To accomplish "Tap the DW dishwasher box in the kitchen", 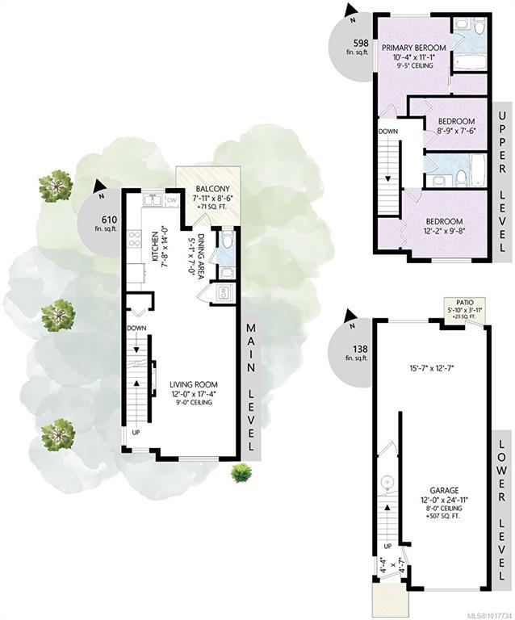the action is pyautogui.click(x=172, y=200).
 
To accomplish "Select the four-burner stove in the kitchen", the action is pyautogui.click(x=134, y=238).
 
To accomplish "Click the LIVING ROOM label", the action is pyautogui.click(x=193, y=384).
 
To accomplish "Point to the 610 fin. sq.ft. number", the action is pyautogui.click(x=107, y=220).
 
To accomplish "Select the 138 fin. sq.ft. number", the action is pyautogui.click(x=361, y=349).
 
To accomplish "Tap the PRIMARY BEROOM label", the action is pyautogui.click(x=413, y=48).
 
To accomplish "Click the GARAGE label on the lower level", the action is pyautogui.click(x=441, y=491).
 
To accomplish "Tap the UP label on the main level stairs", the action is pyautogui.click(x=136, y=433).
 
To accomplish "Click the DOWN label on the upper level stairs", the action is pyautogui.click(x=388, y=132).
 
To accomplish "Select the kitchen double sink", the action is pyautogui.click(x=152, y=200).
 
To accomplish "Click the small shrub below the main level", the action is pyautogui.click(x=241, y=473).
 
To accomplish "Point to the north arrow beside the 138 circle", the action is pyautogui.click(x=350, y=316).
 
